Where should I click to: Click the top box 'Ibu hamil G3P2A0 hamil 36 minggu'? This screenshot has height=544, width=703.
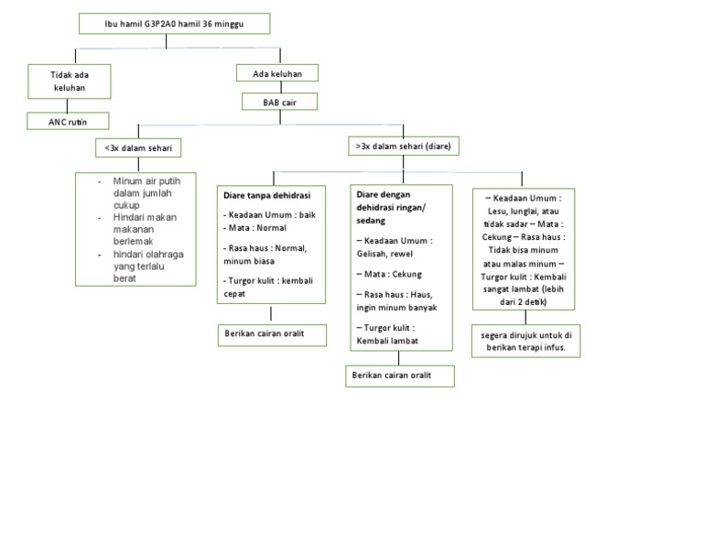[174, 23]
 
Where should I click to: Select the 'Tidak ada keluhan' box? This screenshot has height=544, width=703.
[69, 81]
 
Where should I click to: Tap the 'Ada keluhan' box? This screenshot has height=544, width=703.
[276, 72]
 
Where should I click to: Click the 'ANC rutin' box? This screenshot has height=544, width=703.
[67, 121]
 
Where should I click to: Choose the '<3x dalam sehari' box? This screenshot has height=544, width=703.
[137, 147]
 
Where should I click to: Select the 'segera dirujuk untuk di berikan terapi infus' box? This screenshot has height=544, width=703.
[525, 342]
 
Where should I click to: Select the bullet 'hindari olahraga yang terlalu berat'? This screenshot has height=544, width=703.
[148, 266]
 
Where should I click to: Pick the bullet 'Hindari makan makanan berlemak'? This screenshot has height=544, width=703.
[146, 229]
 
